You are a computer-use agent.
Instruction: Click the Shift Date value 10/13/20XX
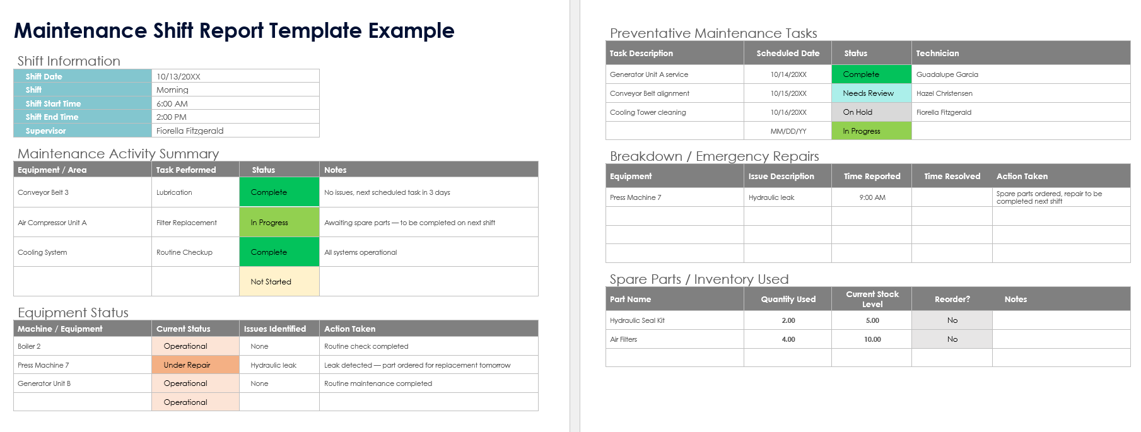pyautogui.click(x=178, y=76)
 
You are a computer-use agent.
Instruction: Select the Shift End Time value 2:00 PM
pyautogui.click(x=172, y=117)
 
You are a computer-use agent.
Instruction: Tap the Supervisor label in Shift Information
pyautogui.click(x=45, y=131)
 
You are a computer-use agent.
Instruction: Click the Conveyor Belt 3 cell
pyautogui.click(x=44, y=192)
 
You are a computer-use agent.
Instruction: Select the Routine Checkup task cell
pyautogui.click(x=185, y=252)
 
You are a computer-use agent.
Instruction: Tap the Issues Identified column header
pyautogui.click(x=275, y=329)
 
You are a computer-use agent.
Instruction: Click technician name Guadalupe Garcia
pyautogui.click(x=947, y=74)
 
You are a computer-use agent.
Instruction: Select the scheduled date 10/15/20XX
pyautogui.click(x=788, y=93)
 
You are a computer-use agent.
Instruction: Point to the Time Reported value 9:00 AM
pyautogui.click(x=872, y=197)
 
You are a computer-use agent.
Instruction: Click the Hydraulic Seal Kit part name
pyautogui.click(x=637, y=320)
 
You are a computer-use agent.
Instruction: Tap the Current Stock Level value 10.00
pyautogui.click(x=872, y=339)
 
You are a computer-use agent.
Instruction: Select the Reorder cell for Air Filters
pyautogui.click(x=952, y=339)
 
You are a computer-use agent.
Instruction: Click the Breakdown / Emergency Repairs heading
pyautogui.click(x=714, y=156)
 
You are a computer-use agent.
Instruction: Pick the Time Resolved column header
pyautogui.click(x=952, y=177)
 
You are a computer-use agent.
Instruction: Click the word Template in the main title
pyautogui.click(x=315, y=30)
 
